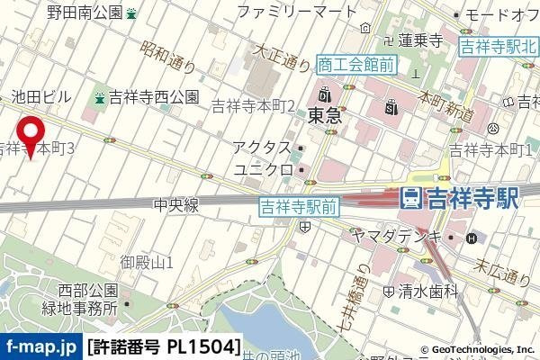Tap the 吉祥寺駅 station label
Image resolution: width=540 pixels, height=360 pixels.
coord(460,199)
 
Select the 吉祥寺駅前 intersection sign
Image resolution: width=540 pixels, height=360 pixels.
coord(298,206)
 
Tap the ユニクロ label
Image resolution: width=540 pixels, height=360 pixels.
coord(264,169)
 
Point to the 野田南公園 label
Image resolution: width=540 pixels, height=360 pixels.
coord(85,13)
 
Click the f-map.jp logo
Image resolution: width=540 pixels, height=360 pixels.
coord(40,346)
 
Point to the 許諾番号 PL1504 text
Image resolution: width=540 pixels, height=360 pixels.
coord(165,346)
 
